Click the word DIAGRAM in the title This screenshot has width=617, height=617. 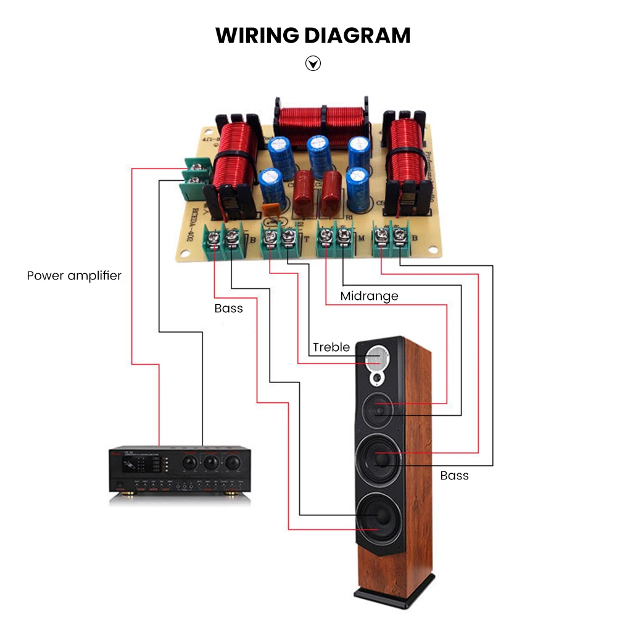pos(357,35)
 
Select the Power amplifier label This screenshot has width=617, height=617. pos(74,275)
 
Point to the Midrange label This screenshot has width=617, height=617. pos(369,296)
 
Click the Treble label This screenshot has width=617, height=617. pos(331,347)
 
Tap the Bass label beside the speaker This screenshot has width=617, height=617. pos(454,476)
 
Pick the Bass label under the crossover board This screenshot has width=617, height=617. pos(229,308)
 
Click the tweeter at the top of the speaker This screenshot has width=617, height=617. pos(377,358)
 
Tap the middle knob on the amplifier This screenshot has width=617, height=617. pos(211,462)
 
